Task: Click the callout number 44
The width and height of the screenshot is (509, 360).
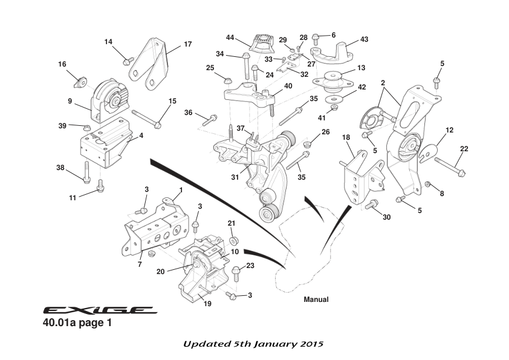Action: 230,38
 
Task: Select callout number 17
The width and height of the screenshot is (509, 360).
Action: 187,44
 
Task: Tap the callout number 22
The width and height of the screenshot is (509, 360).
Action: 464,149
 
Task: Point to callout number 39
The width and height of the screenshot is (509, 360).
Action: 63,125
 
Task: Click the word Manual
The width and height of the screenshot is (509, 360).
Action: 316,299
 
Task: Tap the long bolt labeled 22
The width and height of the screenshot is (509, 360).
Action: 449,168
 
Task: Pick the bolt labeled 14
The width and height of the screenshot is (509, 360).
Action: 128,61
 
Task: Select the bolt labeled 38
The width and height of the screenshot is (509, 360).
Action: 87,172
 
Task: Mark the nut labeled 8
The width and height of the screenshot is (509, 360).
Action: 428,184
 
